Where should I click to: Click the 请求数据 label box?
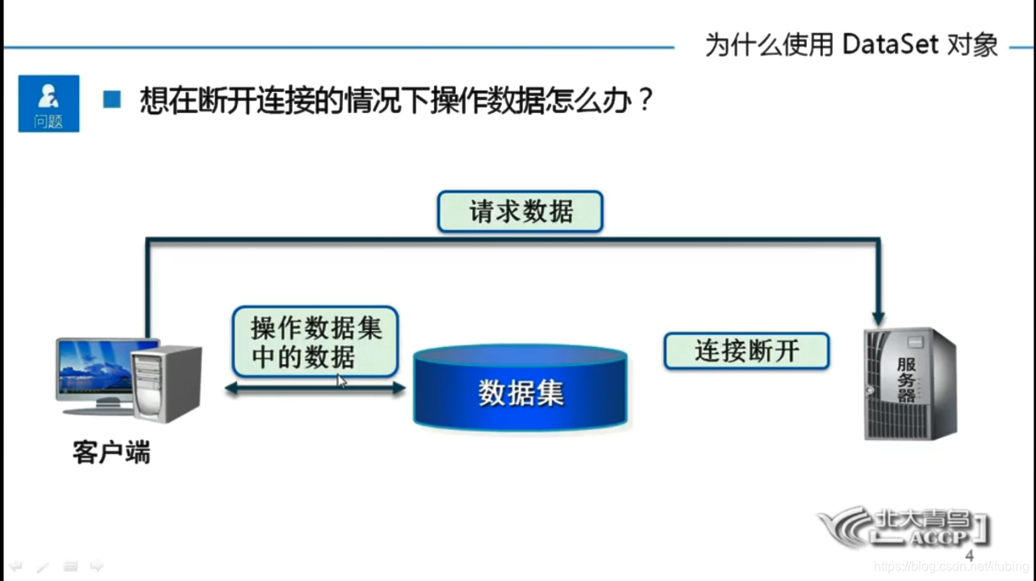[x=520, y=211]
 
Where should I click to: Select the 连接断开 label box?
[x=746, y=351]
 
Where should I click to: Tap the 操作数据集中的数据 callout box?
[x=315, y=341]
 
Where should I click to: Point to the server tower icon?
[x=909, y=384]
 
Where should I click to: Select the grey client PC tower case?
[x=166, y=384]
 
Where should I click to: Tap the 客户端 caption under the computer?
[x=111, y=453]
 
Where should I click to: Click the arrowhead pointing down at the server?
[x=878, y=318]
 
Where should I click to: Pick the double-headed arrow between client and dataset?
[x=315, y=388]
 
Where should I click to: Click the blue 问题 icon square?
[x=48, y=103]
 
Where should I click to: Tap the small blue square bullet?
[x=112, y=100]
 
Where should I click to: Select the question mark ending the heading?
[x=643, y=101]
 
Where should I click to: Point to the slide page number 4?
[x=969, y=556]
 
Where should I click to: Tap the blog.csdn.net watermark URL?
[x=953, y=567]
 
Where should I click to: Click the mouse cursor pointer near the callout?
[x=342, y=381]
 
